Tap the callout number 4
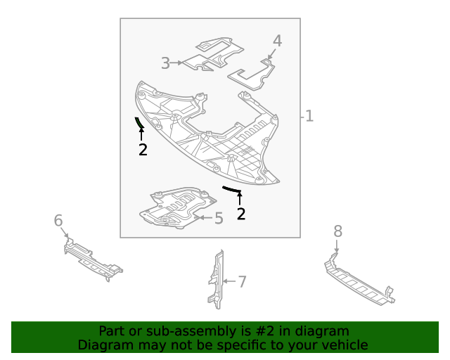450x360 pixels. [x=277, y=41]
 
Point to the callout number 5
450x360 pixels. [x=219, y=219]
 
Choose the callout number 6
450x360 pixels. [x=58, y=221]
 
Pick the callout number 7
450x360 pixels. [x=242, y=282]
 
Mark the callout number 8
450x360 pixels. [x=337, y=231]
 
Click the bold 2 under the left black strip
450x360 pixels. [x=143, y=150]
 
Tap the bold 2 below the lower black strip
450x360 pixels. [x=241, y=214]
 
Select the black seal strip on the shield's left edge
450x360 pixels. [x=139, y=124]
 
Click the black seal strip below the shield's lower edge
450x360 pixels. [x=231, y=188]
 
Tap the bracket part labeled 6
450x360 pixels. [x=90, y=258]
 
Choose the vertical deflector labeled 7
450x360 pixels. [x=215, y=280]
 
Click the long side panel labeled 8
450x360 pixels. [x=359, y=282]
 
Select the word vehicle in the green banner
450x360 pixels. [x=345, y=345]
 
